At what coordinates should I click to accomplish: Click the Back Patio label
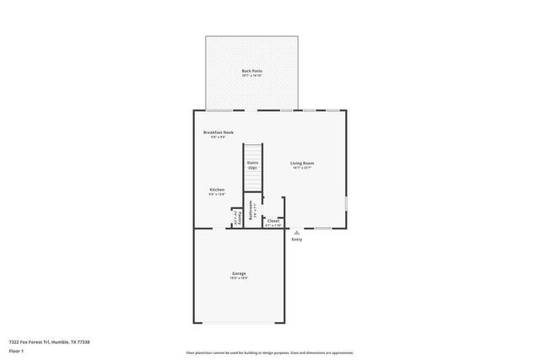(251, 71)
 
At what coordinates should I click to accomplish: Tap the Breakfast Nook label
(218, 132)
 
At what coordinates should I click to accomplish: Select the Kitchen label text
(217, 190)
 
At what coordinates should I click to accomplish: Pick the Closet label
(273, 220)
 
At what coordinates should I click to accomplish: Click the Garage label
(240, 273)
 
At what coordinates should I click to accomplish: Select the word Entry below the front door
(297, 239)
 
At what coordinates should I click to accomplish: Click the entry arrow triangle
(296, 232)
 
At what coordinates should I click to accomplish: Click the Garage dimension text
(240, 278)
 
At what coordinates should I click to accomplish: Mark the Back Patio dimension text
(251, 76)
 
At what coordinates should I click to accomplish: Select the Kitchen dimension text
(217, 195)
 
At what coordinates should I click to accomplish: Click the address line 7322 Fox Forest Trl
(49, 341)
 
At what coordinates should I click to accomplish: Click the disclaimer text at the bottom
(269, 352)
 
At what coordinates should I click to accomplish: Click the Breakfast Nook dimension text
(218, 137)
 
